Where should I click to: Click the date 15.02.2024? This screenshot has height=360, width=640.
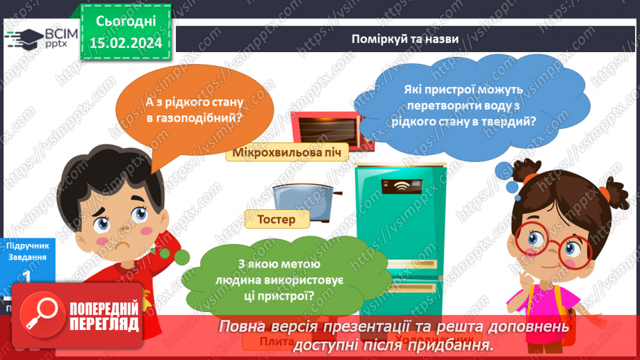click(125, 43)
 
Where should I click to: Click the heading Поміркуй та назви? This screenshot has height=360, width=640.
click(404, 39)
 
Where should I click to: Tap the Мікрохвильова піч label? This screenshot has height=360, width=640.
click(287, 153)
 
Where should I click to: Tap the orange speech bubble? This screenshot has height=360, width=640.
click(195, 112)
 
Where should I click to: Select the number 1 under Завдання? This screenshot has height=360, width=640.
click(26, 277)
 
